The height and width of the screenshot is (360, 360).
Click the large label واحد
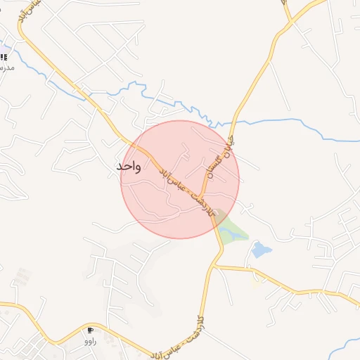click(x=129, y=167)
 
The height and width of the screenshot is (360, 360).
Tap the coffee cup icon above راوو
click(x=90, y=330)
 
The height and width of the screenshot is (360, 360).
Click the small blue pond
click(x=261, y=250)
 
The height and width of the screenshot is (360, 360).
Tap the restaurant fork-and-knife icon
click(x=4, y=57)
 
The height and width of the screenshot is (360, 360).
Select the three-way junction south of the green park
click(x=214, y=265)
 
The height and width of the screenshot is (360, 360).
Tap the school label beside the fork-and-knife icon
click(x=6, y=67)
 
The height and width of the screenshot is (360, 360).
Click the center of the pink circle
click(x=180, y=179)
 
